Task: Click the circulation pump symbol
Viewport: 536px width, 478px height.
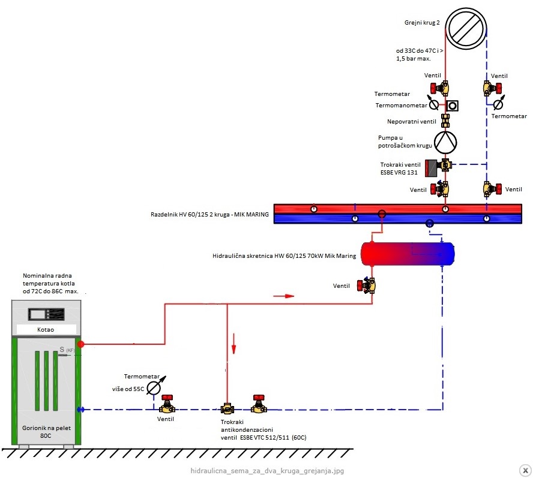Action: click(x=445, y=143)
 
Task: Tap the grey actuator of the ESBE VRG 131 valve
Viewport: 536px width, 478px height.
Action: click(x=432, y=168)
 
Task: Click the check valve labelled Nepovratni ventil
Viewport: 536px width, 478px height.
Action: click(x=445, y=121)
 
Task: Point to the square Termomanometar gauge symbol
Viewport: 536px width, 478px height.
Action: click(x=452, y=106)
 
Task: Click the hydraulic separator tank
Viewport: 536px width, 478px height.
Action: click(x=408, y=254)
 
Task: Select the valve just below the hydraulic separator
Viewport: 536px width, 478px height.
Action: click(x=367, y=285)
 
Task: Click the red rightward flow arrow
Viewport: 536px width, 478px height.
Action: click(x=284, y=296)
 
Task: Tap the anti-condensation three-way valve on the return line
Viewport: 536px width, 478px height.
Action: click(x=227, y=408)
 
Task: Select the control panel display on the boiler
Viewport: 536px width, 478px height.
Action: click(x=46, y=314)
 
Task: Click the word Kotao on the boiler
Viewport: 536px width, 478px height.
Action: click(x=46, y=330)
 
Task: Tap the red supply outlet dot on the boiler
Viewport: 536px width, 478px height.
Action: click(x=80, y=344)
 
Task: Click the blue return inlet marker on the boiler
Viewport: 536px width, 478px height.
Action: click(x=80, y=409)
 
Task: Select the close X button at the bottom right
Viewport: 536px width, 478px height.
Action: click(x=525, y=470)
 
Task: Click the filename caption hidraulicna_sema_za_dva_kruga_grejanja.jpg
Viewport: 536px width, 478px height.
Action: click(x=267, y=471)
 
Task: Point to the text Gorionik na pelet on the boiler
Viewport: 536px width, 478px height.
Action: click(x=46, y=428)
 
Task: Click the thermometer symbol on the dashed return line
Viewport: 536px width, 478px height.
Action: click(x=499, y=102)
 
